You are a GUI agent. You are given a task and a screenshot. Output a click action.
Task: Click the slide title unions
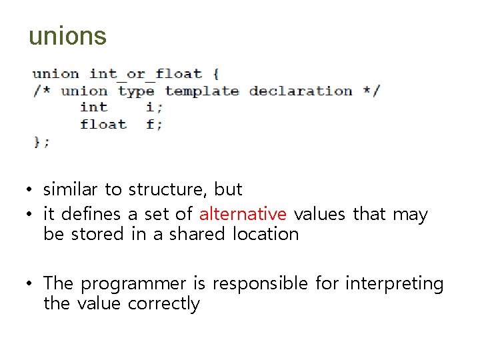tap(67, 36)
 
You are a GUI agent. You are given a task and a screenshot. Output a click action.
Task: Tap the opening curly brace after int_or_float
tap(215, 74)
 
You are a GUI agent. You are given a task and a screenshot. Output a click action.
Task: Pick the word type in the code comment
tap(136, 91)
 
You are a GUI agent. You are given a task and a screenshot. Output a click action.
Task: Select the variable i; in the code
tap(154, 107)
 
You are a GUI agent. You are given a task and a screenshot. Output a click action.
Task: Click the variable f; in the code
tap(154, 124)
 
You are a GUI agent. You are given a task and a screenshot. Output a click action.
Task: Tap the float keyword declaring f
tap(103, 124)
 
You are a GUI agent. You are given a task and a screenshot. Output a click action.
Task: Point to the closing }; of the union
tap(41, 141)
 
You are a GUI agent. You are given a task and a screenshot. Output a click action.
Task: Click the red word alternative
tap(243, 214)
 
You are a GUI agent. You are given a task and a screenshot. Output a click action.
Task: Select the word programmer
tap(134, 284)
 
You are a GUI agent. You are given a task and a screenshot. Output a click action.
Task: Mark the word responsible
tap(260, 284)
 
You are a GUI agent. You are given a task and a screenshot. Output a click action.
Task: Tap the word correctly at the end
tap(164, 304)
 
